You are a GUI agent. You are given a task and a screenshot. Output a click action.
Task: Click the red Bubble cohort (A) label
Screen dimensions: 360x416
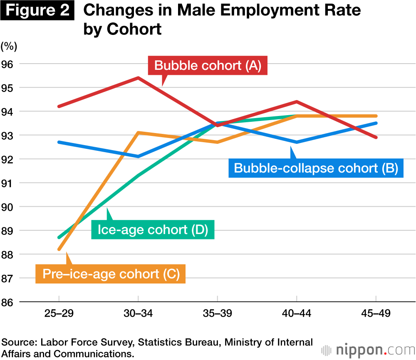[208, 66]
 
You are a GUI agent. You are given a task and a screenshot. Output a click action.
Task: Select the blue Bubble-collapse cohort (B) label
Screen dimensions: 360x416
[316, 168]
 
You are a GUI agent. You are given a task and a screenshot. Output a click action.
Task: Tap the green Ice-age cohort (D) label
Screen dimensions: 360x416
[153, 229]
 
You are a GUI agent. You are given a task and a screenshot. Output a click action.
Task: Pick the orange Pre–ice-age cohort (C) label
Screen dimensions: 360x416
[111, 274]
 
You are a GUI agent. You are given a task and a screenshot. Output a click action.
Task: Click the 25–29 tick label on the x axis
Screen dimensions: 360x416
[59, 313]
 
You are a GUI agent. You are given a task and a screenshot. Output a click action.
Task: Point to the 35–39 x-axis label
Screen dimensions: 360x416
[217, 313]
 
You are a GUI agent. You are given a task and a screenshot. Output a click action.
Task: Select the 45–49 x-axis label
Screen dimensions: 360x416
[376, 313]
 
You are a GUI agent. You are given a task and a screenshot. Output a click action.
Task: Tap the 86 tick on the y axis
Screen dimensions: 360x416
[8, 302]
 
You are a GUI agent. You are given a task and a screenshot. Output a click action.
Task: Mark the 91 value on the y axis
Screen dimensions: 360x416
[8, 183]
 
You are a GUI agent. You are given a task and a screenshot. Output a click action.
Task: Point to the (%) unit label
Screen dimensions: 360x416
[9, 46]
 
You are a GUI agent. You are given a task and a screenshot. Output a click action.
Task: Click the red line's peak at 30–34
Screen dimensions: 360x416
[138, 78]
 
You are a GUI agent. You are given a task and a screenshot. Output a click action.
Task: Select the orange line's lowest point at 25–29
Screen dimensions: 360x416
[59, 249]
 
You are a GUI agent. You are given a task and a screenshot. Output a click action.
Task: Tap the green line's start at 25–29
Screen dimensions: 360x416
[59, 237]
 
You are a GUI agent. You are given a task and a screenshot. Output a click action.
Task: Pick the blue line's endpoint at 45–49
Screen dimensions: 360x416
[376, 123]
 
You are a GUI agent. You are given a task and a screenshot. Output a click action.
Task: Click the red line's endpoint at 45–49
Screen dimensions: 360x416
[376, 137]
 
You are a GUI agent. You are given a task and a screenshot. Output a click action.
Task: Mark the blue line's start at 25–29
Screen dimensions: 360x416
[59, 142]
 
